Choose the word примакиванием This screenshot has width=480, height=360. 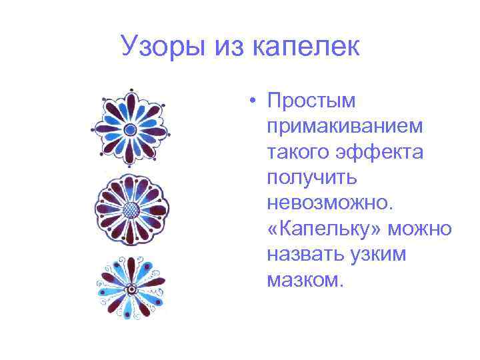click(x=345, y=127)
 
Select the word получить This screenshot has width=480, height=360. click(x=312, y=178)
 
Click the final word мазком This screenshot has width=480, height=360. click(x=305, y=279)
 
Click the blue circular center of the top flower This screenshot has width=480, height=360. click(x=131, y=129)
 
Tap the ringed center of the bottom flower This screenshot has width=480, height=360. click(x=131, y=289)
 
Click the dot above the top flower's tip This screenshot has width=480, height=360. click(x=131, y=89)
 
